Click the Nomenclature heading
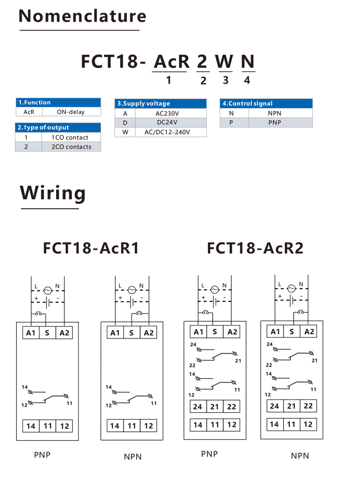point(83,16)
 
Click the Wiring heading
point(53,193)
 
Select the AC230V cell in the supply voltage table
point(167,113)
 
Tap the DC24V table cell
point(167,122)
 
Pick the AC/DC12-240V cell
point(167,132)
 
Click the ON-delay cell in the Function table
point(71,112)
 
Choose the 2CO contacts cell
point(72,146)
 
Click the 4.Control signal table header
point(266,104)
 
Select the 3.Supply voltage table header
point(160,104)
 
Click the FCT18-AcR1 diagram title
point(91,248)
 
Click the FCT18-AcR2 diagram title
point(255,248)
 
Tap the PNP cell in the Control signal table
point(275,122)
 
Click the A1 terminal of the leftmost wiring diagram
point(31,333)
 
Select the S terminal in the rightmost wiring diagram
point(292,332)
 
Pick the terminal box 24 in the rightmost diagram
point(275,406)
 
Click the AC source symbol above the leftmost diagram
point(48,290)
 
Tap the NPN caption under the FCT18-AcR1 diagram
point(133,457)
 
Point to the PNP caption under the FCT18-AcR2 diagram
point(209,454)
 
